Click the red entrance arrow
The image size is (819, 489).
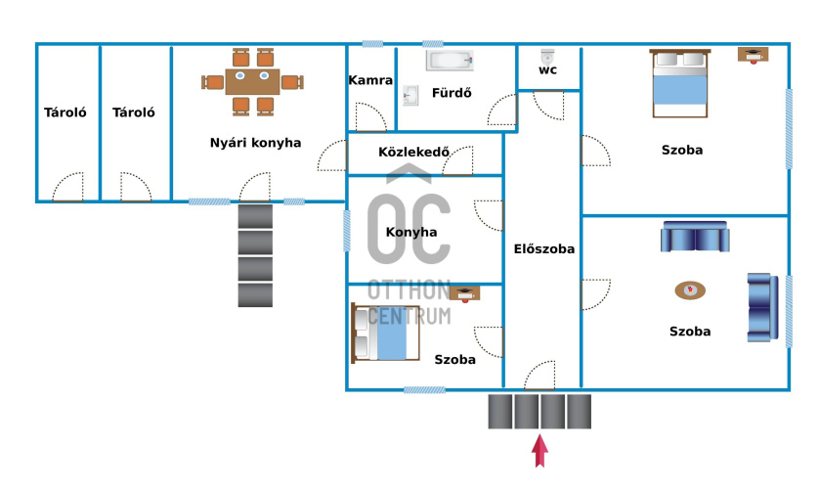pos(539,452)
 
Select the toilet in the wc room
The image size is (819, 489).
pos(548,56)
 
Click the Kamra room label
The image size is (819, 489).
pos(370,81)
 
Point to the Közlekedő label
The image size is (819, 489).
pos(413,152)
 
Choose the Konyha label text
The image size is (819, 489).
pos(411,233)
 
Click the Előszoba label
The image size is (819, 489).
pos(543,248)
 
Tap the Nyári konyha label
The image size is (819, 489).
pos(255,143)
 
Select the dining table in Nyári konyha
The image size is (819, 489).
pos(252,80)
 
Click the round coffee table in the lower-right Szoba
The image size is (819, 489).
pos(690,289)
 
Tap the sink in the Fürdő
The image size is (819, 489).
pos(410,94)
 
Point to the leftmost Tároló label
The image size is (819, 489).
pos(65,112)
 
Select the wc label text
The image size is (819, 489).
pos(548,71)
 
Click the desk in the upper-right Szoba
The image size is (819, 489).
pos(753,54)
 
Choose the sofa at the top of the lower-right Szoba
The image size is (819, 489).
pos(694,237)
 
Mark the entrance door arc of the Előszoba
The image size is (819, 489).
pos(539,376)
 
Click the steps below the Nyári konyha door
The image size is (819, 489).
pos(255,255)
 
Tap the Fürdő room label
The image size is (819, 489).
pos(453,94)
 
